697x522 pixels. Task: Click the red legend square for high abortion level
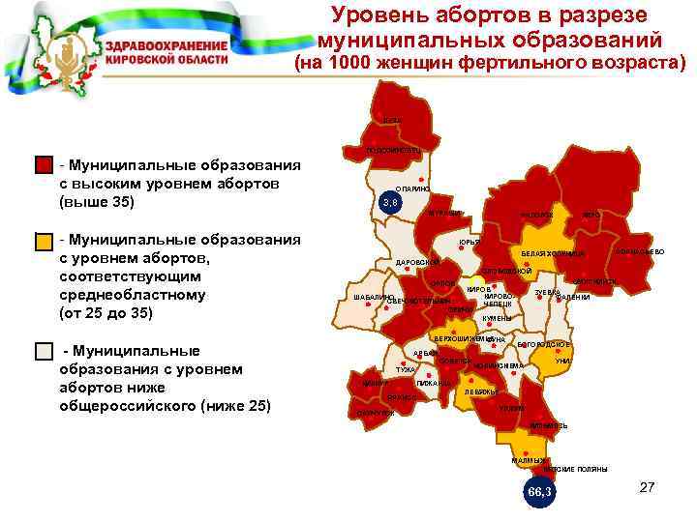click(44, 165)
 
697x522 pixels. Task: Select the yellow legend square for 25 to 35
click(44, 241)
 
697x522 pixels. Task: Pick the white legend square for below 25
click(44, 351)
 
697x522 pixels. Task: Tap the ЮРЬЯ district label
click(470, 242)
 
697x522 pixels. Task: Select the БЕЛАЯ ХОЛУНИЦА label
click(554, 254)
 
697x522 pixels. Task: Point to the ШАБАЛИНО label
click(372, 296)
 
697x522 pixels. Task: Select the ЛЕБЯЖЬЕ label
click(480, 392)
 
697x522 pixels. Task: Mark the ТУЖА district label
click(406, 369)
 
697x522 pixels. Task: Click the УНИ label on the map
click(562, 361)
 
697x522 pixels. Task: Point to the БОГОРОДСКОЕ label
click(545, 344)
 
